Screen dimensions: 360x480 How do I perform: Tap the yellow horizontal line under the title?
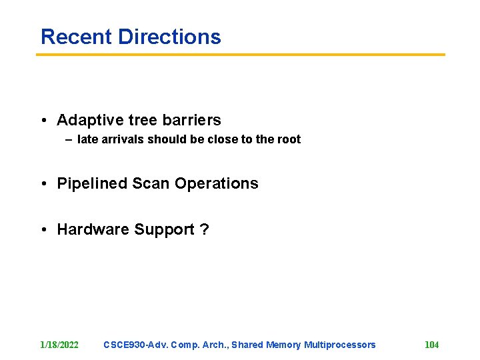click(x=240, y=55)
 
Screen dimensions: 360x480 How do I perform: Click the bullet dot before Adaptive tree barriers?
click(x=43, y=121)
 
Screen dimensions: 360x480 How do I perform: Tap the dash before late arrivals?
click(x=69, y=140)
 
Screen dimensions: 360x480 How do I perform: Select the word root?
click(x=288, y=139)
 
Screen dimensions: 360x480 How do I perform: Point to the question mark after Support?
click(x=205, y=230)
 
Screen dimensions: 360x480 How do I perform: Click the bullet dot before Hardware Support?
click(x=43, y=231)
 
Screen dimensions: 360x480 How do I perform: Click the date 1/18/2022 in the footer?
click(x=59, y=345)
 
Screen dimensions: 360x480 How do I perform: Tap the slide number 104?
click(x=431, y=345)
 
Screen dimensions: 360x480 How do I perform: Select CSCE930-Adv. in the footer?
click(x=135, y=345)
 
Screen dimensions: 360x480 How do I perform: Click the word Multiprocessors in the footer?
click(x=339, y=345)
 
